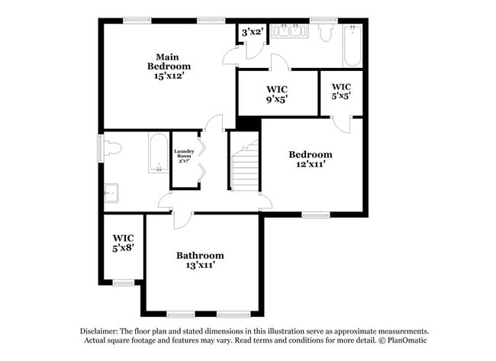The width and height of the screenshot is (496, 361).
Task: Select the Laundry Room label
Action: (185, 156)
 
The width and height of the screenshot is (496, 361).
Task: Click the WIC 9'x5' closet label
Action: (276, 94)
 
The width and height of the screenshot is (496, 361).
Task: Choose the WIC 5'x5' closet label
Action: (341, 92)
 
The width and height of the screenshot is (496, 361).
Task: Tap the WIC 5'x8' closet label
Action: (123, 243)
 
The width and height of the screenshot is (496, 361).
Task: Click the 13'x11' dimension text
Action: (200, 265)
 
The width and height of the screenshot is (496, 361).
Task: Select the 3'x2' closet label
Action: (252, 32)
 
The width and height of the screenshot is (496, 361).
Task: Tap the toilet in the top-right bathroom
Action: (325, 31)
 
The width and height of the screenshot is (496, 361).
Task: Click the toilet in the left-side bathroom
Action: (111, 149)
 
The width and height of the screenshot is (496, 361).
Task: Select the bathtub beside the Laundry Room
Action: (159, 153)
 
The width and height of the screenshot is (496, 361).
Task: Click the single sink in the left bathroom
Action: (111, 194)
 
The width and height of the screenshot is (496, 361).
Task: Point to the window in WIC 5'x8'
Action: (123, 283)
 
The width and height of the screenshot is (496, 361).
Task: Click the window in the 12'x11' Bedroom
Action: (314, 215)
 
